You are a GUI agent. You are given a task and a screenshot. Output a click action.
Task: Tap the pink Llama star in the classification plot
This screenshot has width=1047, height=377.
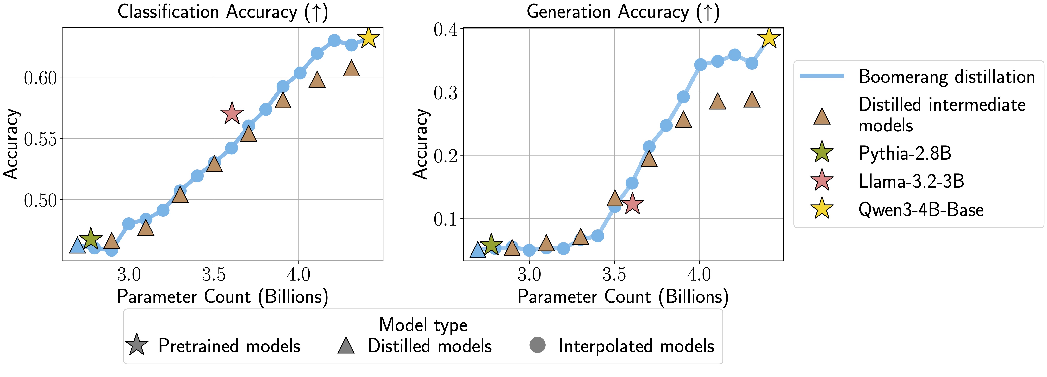[232, 113]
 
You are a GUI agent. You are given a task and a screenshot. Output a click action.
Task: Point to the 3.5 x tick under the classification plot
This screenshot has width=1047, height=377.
[214, 275]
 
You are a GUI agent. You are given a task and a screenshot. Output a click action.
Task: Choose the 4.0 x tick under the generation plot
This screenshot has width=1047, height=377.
[699, 275]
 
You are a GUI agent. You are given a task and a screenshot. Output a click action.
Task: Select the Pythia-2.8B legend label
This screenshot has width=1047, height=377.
[905, 153]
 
